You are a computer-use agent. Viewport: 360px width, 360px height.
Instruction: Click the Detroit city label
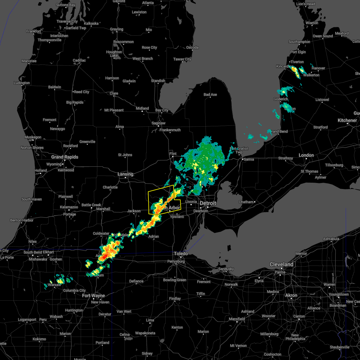[208, 203]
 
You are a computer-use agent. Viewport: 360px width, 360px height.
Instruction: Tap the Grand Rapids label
[64, 157]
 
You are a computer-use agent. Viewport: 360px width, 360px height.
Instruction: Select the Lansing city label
[125, 174]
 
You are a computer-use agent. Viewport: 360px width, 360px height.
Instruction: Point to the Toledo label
[181, 253]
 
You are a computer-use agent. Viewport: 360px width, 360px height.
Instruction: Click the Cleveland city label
[281, 264]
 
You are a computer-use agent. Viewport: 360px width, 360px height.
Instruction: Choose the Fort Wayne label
[94, 295]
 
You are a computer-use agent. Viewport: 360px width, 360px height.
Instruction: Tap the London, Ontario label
[306, 155]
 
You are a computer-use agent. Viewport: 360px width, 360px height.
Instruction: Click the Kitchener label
[347, 120]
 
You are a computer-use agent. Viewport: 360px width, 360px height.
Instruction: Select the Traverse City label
[67, 21]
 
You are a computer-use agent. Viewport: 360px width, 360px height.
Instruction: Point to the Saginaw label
[158, 123]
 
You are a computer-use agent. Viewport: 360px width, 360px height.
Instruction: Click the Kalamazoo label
[69, 207]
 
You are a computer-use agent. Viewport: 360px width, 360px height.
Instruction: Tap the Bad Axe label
[210, 94]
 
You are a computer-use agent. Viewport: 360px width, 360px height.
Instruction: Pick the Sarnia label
[249, 159]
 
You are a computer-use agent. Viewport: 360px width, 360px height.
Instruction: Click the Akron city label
[291, 295]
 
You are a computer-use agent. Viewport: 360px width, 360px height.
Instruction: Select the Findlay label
[175, 298]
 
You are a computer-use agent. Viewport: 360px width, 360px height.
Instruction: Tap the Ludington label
[22, 83]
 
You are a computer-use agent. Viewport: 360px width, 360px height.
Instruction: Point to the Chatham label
[246, 202]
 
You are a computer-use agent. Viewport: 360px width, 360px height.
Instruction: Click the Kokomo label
[39, 339]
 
